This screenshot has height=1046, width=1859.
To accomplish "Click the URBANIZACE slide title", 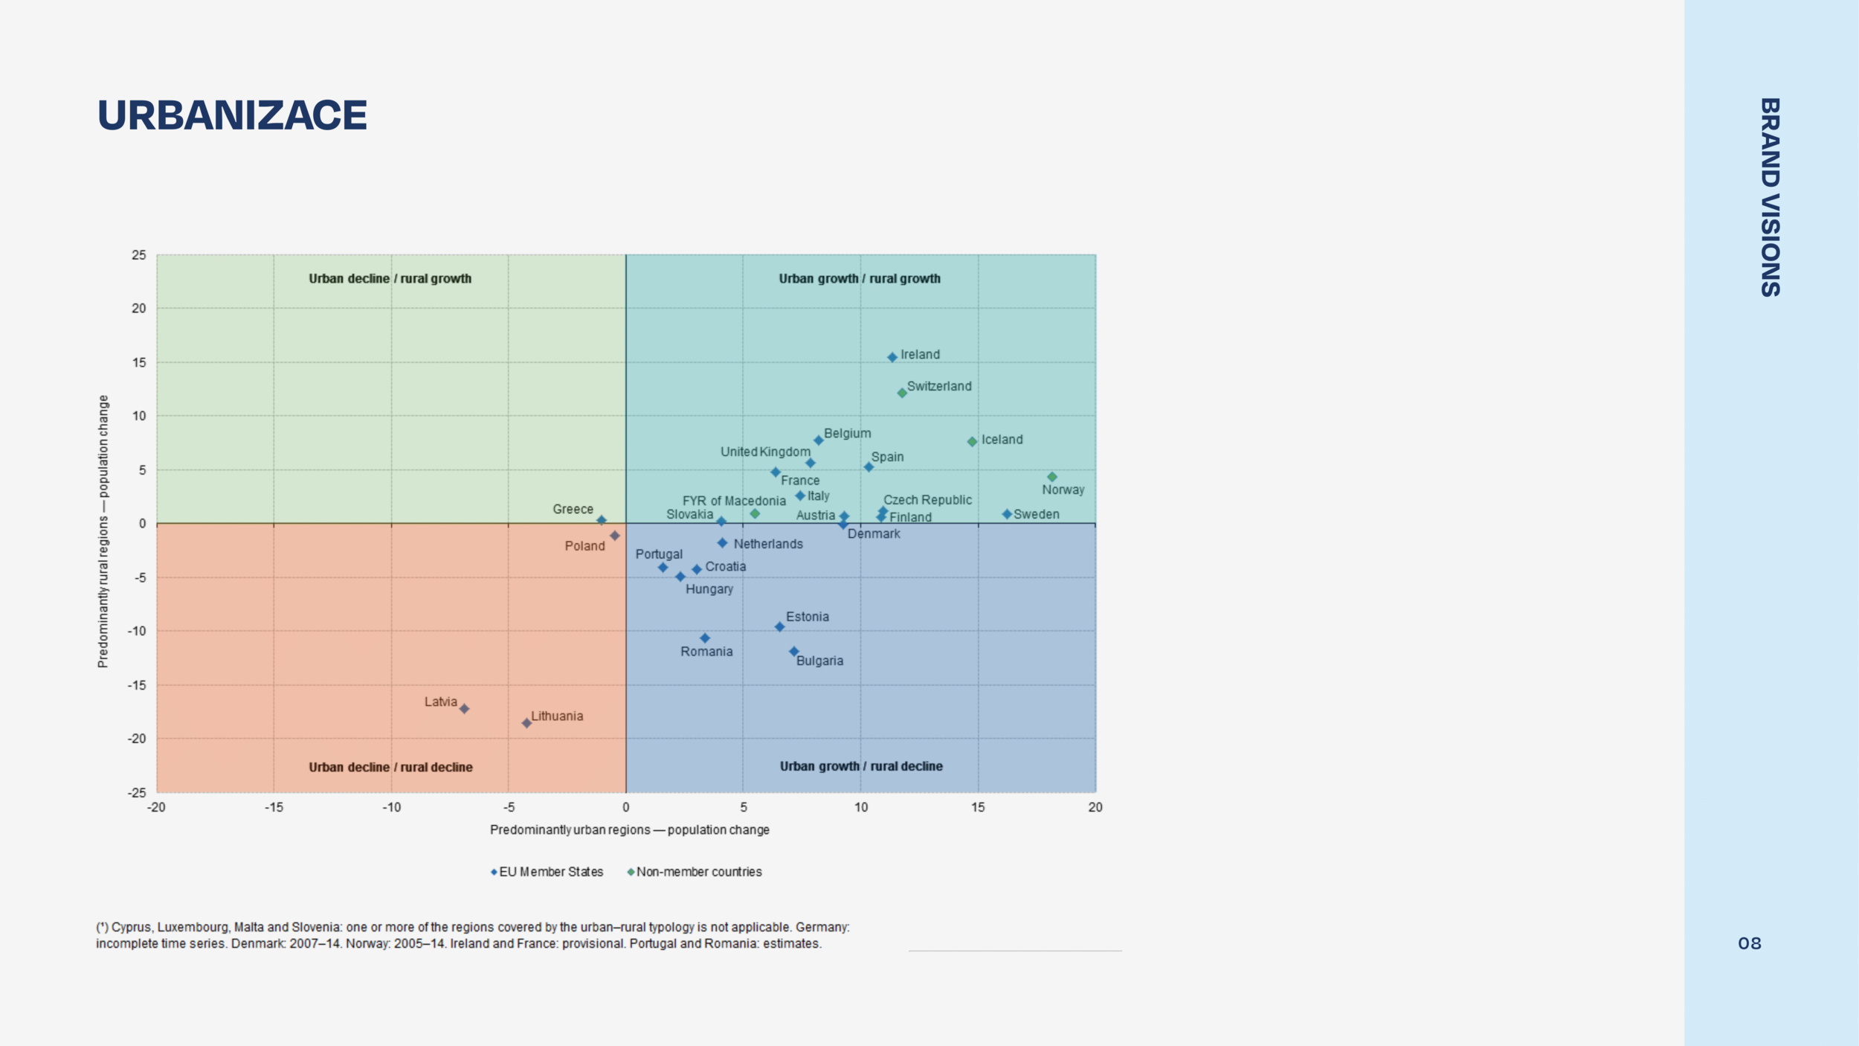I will tap(232, 115).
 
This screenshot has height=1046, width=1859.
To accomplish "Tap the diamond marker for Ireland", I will tap(892, 357).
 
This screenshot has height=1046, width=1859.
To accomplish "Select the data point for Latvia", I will tap(464, 708).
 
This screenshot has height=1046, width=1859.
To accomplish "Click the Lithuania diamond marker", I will tap(526, 722).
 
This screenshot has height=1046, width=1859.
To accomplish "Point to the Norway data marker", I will tap(1052, 477).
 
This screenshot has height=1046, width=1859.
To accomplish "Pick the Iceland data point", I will tap(972, 441).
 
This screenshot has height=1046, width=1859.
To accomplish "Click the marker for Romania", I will tap(705, 638).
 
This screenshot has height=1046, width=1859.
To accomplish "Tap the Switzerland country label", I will tap(938, 386).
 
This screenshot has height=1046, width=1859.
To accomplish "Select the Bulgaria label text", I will tap(819, 661).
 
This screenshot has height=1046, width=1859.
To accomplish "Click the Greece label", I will tap(573, 509).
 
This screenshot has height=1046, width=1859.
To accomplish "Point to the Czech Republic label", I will tap(927, 500).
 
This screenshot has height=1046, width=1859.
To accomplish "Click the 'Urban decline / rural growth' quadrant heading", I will tap(390, 278).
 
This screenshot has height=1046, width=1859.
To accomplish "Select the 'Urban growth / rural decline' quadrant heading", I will tap(861, 766).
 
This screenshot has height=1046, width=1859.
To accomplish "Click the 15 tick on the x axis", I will tap(978, 807).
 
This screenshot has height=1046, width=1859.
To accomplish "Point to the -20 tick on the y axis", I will tap(137, 739).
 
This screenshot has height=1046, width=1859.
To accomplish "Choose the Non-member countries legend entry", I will tap(698, 872).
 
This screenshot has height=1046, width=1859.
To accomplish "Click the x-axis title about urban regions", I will tap(629, 830).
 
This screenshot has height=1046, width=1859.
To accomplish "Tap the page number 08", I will tap(1750, 943).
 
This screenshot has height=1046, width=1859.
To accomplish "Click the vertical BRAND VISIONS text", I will tap(1770, 197).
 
